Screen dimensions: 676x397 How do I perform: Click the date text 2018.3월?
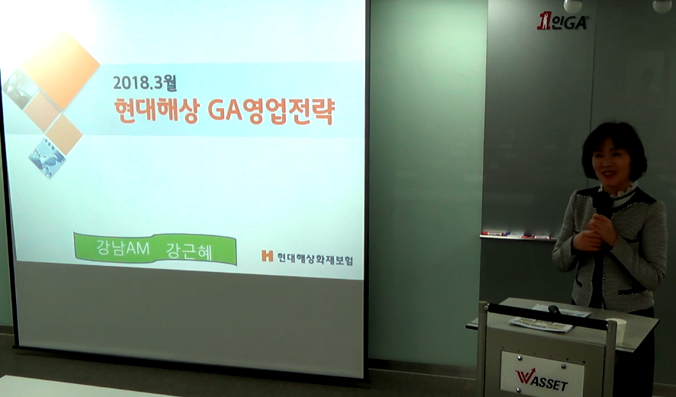click(145, 82)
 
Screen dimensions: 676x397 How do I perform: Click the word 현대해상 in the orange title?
click(157, 110)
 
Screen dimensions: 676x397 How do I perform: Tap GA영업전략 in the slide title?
click(271, 112)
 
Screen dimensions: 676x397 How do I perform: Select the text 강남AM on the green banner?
click(123, 248)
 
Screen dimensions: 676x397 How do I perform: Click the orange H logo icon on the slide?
click(268, 256)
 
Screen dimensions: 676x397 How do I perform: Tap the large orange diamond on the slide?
click(60, 70)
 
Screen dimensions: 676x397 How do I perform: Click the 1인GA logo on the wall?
click(562, 21)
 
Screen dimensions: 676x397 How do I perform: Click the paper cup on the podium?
click(616, 331)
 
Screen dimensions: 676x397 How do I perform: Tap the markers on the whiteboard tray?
click(516, 235)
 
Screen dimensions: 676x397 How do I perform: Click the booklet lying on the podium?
click(541, 325)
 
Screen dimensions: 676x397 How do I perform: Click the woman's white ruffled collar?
click(617, 190)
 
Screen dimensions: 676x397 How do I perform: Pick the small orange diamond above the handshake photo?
click(64, 134)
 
